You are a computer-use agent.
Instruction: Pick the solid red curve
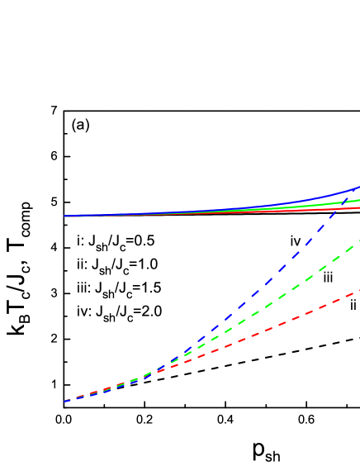[272, 211]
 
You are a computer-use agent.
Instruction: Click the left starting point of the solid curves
[64, 216]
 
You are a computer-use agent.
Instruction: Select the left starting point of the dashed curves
[64, 401]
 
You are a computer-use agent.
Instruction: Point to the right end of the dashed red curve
[358, 291]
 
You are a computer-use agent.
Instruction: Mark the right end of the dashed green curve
[358, 242]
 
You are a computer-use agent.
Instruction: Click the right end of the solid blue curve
[358, 188]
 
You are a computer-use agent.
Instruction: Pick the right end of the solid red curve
[358, 207]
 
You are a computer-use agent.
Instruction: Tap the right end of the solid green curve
[358, 200]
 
